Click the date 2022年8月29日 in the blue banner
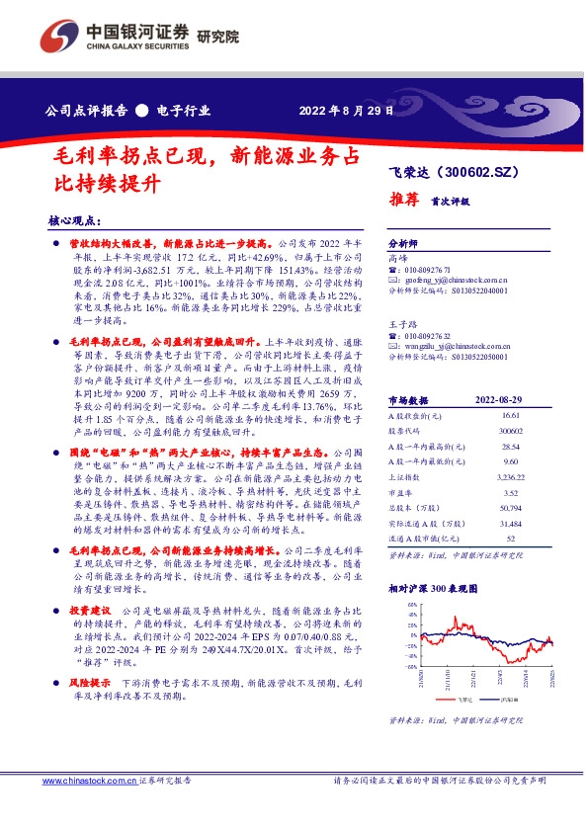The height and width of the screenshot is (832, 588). pyautogui.click(x=345, y=111)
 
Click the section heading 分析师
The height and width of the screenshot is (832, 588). pyautogui.click(x=403, y=242)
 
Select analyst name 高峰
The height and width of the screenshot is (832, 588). pyautogui.click(x=397, y=256)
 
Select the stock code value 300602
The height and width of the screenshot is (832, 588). pyautogui.click(x=511, y=433)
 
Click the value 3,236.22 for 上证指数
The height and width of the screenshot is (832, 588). pyautogui.click(x=511, y=476)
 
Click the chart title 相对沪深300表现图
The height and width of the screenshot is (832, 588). pyautogui.click(x=433, y=587)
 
